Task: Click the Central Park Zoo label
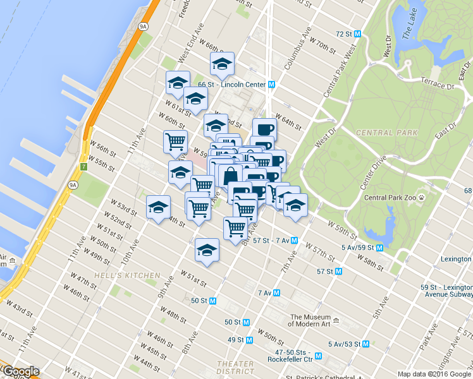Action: click(390, 198)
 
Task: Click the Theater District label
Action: click(235, 368)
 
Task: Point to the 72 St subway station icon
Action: click(357, 33)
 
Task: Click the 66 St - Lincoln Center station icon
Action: click(271, 84)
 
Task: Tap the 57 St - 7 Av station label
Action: click(271, 241)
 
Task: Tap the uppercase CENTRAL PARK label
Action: click(386, 133)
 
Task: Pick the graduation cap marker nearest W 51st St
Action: click(207, 251)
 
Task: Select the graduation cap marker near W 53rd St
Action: click(158, 207)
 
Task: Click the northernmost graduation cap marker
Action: click(222, 63)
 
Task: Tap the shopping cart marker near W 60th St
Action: click(175, 141)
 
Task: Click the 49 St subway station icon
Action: click(249, 340)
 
